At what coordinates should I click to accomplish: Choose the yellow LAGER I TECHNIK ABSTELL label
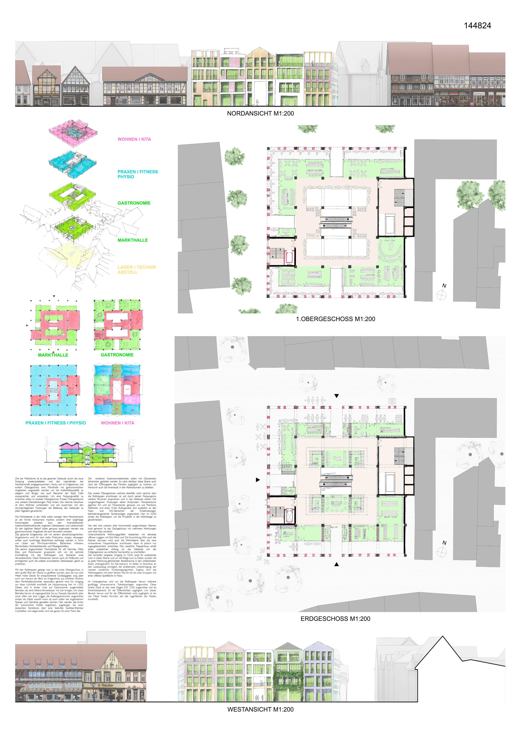click(136, 270)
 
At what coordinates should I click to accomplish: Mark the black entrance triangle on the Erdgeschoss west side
click(258, 480)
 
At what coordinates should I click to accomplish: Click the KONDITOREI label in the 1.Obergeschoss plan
click(388, 169)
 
